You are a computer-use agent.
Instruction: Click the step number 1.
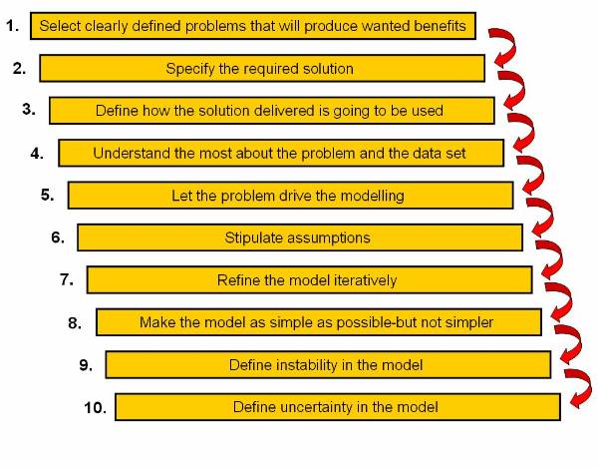click(x=12, y=26)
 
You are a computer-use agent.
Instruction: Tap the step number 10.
click(x=95, y=407)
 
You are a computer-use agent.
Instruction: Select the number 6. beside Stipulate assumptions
click(x=58, y=237)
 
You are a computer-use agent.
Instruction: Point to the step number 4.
click(x=37, y=153)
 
